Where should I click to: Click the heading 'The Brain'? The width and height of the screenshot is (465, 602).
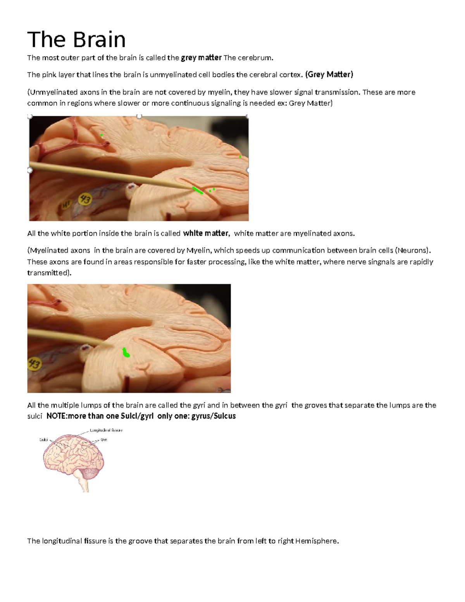(x=76, y=40)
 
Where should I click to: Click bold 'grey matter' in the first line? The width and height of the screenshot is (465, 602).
(x=201, y=58)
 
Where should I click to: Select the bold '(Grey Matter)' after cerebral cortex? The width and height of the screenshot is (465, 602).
(x=329, y=74)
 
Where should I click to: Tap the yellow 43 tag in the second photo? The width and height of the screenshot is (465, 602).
(x=34, y=365)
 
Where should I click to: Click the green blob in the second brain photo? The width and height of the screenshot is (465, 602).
(x=126, y=352)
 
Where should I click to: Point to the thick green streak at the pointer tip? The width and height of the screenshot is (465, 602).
(x=198, y=190)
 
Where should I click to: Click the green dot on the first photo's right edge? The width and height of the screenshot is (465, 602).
(x=240, y=157)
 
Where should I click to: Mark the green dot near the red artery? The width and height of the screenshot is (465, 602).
(x=102, y=135)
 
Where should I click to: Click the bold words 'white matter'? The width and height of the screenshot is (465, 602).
(x=205, y=233)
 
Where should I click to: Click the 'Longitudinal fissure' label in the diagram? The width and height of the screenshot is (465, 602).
(x=106, y=430)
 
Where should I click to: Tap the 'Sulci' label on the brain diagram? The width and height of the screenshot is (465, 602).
(x=44, y=440)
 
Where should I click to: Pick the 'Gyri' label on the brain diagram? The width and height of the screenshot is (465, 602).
(x=104, y=440)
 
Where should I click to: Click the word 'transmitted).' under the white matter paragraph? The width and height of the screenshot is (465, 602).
(x=49, y=273)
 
